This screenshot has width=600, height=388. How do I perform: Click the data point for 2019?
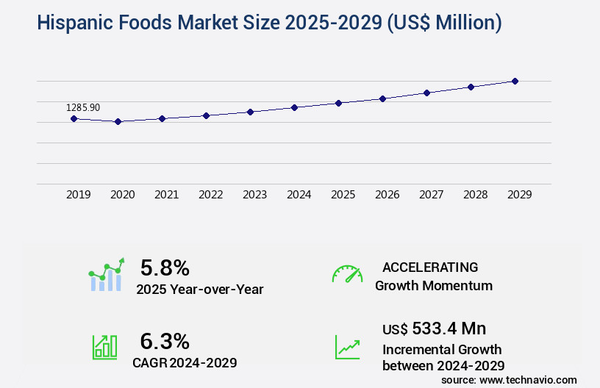point(74,118)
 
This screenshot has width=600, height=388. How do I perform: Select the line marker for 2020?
point(118,121)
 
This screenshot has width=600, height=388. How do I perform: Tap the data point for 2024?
point(294,107)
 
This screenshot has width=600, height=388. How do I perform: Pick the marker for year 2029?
point(515,81)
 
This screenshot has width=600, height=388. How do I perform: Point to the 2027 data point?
point(426,93)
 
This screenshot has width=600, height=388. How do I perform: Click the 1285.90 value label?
point(83,107)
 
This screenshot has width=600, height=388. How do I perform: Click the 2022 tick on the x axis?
point(210,195)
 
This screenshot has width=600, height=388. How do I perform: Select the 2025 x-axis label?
point(343,195)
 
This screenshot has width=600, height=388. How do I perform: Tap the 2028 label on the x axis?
point(475,195)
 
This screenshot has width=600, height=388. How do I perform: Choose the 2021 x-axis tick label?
point(166,195)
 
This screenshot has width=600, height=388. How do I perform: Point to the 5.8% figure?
point(165,267)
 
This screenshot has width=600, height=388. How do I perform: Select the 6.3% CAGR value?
point(165,341)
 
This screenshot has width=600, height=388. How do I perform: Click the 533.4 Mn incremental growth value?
point(449,328)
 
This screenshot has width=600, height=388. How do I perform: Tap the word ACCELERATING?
point(430,267)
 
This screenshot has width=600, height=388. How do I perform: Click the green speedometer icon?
point(347,273)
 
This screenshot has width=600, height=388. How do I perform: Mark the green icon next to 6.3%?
point(104,347)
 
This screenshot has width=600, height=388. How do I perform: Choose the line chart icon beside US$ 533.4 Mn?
point(347,347)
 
